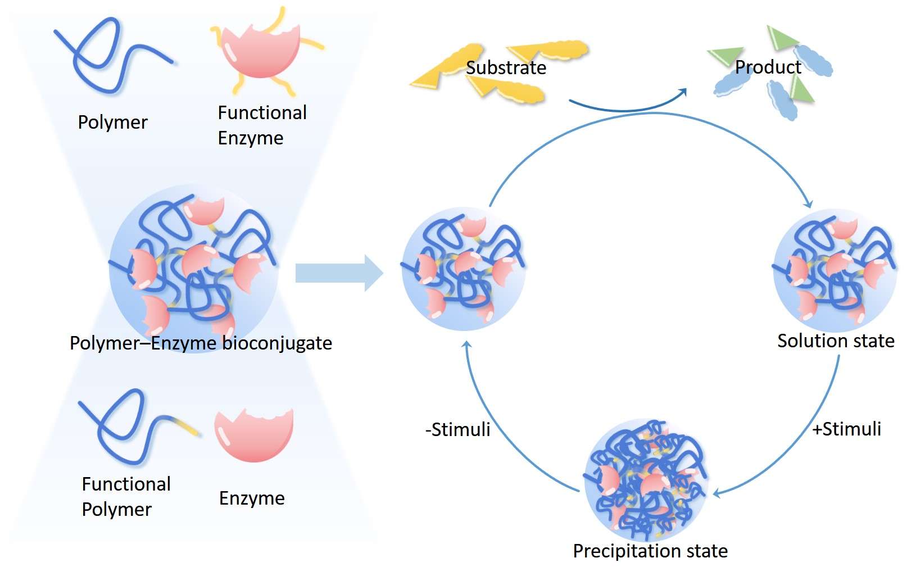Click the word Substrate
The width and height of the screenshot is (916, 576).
[506, 68]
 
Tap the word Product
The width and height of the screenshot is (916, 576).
[768, 67]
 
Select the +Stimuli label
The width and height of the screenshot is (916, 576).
[846, 429]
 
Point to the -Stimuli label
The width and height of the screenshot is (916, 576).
[457, 430]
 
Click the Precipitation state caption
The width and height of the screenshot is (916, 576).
[650, 551]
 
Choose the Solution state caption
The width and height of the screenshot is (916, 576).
[836, 341]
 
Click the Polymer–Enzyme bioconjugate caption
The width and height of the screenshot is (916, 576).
[201, 343]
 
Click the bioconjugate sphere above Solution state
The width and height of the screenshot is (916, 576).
[835, 270]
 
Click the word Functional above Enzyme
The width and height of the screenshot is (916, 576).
[262, 113]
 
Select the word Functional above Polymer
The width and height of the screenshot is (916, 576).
[126, 484]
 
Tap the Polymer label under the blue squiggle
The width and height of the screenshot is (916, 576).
[112, 123]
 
